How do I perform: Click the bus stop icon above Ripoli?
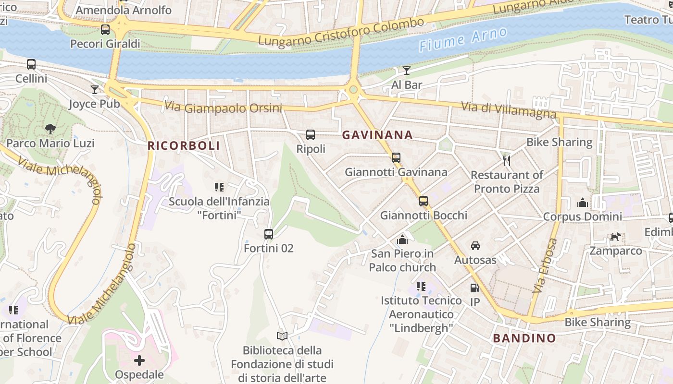311,135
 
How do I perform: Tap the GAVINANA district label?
377,135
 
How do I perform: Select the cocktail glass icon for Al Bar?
407,71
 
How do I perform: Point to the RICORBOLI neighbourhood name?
184,146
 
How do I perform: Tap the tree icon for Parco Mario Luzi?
50,129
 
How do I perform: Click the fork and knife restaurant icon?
506,161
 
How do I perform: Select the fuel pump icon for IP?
474,288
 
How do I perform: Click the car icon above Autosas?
475,246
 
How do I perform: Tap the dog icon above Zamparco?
615,237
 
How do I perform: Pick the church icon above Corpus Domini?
583,203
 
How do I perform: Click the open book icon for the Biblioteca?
282,336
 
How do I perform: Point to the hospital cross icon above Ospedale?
139,360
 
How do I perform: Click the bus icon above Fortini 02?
269,234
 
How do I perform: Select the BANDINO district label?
524,338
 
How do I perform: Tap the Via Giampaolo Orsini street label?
223,107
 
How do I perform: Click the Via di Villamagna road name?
509,110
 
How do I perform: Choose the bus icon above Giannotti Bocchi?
424,201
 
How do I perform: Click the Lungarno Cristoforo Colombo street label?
341,32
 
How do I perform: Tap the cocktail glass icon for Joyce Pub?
95,90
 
